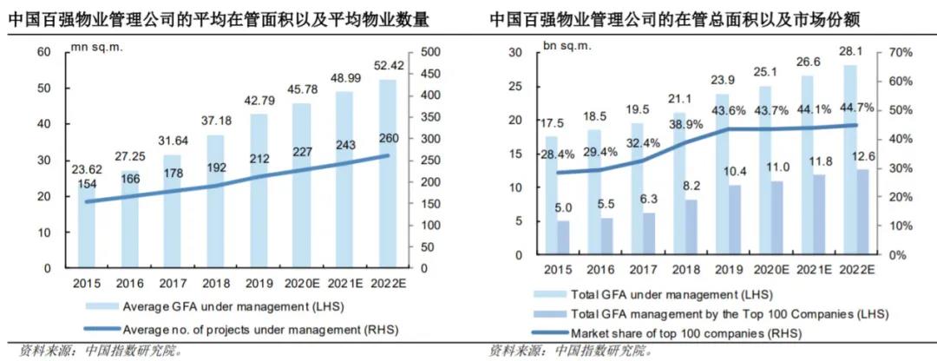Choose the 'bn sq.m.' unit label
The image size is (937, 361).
tap(564, 45)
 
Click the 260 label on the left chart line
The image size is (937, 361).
tap(389, 137)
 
